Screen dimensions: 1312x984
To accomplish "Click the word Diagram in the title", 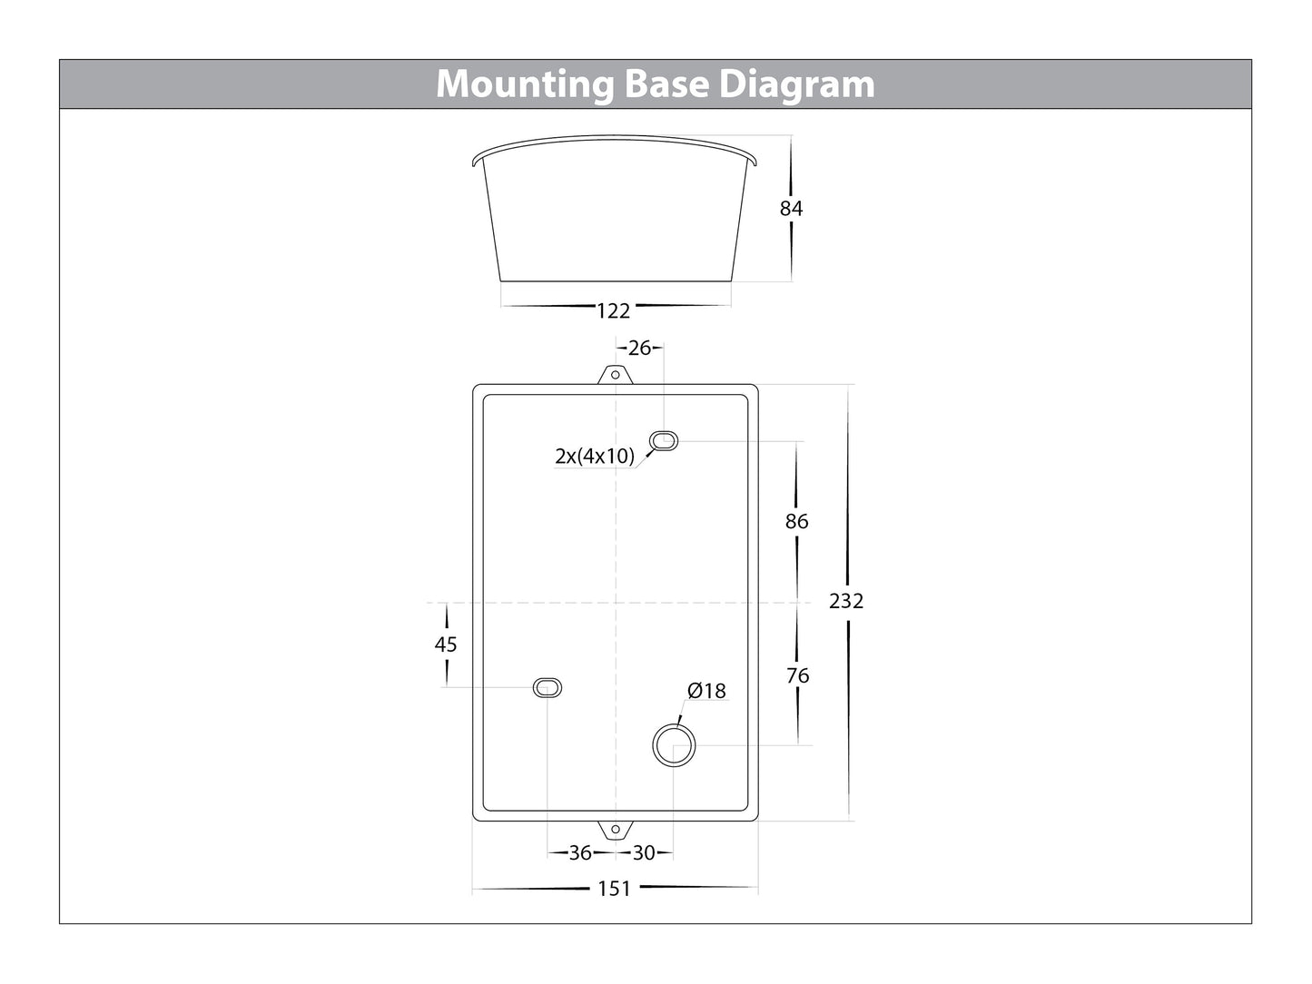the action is tap(797, 84).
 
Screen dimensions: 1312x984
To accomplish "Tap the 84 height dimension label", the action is tap(792, 208).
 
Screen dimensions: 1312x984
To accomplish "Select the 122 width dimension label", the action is tap(613, 310).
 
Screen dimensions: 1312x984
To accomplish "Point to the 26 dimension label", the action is tap(639, 348).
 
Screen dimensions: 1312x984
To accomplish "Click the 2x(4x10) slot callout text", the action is tap(595, 456).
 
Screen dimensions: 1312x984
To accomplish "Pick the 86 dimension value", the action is tap(797, 522).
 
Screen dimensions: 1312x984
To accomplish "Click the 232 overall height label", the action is tap(846, 601).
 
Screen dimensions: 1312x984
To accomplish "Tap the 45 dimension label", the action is tap(446, 645).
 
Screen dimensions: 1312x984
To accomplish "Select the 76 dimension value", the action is tap(798, 675).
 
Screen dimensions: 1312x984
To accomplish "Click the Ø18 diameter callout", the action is tap(706, 691).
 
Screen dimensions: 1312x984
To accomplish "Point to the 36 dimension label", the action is tap(580, 853).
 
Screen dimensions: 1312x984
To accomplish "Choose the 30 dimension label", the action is tap(644, 853).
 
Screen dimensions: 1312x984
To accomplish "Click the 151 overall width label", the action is tap(615, 889).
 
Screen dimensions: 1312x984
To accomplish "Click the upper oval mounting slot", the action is tap(664, 441).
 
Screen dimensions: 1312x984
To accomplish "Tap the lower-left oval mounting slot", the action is tap(547, 688).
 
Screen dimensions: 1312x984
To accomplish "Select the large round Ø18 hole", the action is tap(675, 745).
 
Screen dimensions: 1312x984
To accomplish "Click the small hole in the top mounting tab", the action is tap(615, 375).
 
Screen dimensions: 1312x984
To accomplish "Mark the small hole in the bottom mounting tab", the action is tap(615, 830).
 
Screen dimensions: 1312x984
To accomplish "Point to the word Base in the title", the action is tap(666, 84).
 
